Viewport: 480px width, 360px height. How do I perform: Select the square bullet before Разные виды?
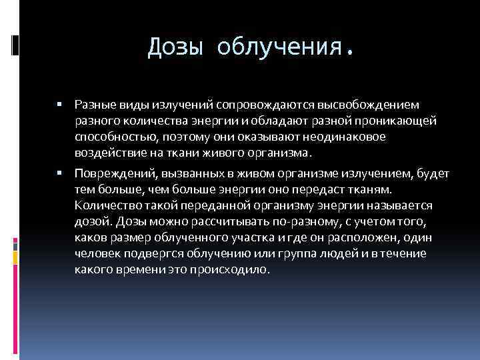click(59, 105)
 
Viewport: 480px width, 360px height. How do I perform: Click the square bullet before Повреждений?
click(59, 174)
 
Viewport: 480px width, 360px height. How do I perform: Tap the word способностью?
click(113, 137)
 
